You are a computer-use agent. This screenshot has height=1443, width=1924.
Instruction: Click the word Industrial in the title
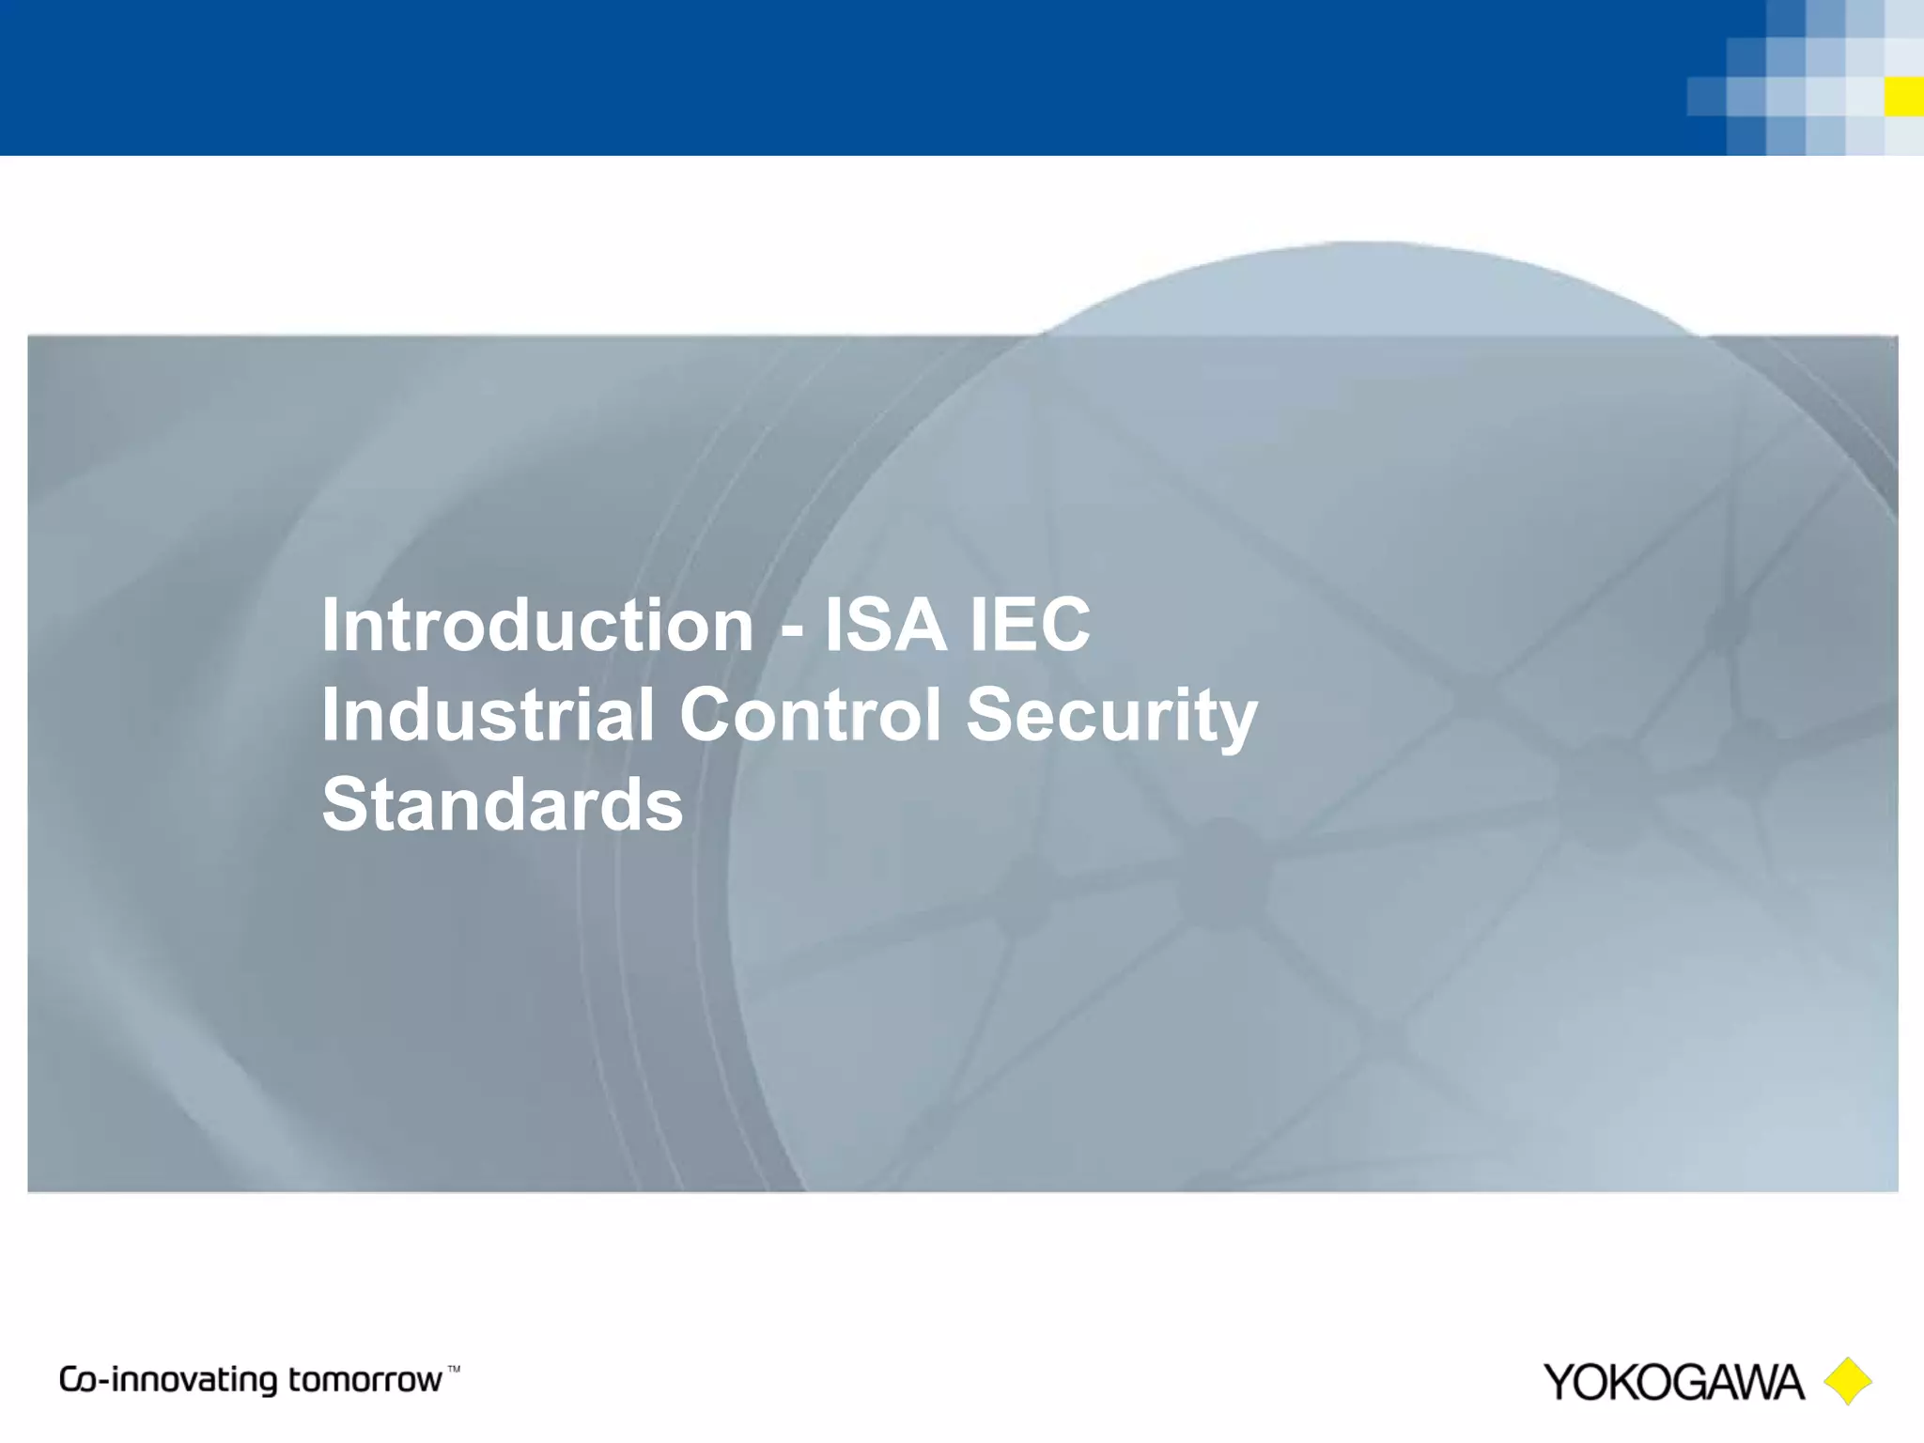(488, 714)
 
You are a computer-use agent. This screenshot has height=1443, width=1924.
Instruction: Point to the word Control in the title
(810, 714)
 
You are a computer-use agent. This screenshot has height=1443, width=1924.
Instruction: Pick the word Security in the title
(1111, 716)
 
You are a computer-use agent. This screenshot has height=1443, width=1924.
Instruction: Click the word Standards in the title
(503, 804)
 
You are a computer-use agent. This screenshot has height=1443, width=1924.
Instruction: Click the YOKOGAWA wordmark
(1673, 1382)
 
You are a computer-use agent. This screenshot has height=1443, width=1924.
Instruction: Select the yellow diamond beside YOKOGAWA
(1848, 1381)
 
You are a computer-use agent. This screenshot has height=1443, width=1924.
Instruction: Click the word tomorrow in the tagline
(365, 1380)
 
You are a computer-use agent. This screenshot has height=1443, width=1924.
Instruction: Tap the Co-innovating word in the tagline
(169, 1380)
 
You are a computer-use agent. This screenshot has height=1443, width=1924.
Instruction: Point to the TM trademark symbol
(454, 1370)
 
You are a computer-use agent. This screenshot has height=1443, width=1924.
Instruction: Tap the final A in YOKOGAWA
(1785, 1382)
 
